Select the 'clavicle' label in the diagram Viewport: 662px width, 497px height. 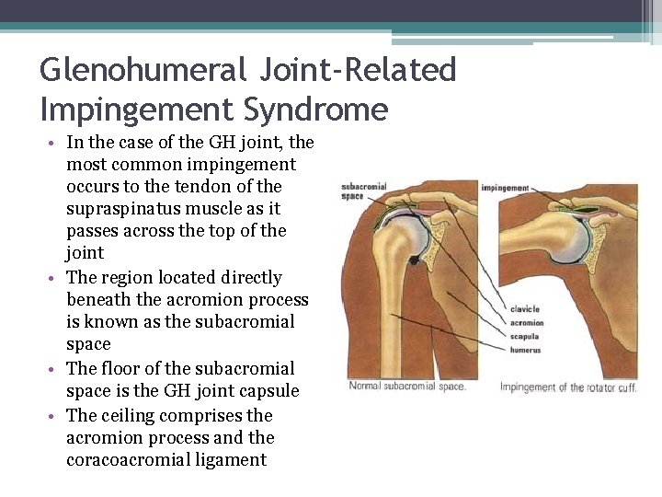coord(524,309)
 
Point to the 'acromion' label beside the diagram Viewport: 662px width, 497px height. coord(526,323)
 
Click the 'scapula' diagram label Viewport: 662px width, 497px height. coord(524,337)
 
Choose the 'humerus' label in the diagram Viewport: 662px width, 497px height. coord(525,351)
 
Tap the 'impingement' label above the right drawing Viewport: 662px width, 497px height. coord(505,189)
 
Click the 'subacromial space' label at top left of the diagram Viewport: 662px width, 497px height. coord(364,191)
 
